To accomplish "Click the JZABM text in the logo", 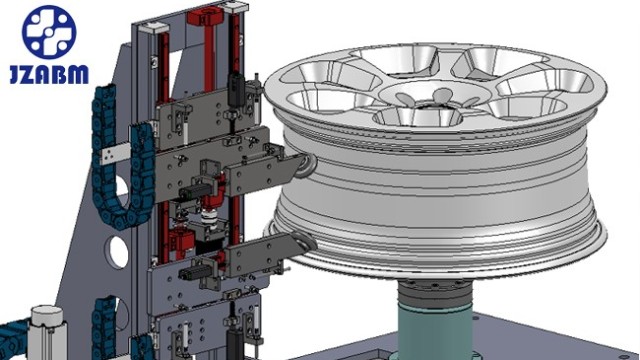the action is pos(49,74).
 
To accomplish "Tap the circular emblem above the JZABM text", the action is pos(49,31).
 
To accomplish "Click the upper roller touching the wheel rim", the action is pos(308,166).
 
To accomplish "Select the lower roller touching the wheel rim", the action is pos(305,244).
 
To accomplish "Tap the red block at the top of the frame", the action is pos(205,17).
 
